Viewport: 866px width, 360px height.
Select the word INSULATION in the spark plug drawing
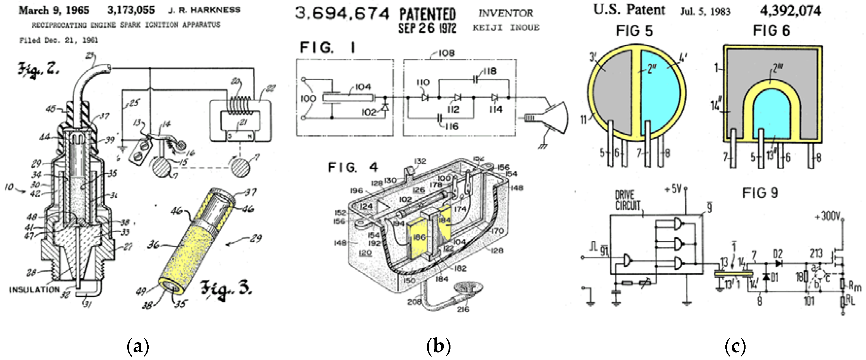(x=34, y=289)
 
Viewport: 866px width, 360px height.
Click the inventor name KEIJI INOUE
(x=506, y=28)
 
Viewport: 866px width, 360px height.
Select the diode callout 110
(x=423, y=82)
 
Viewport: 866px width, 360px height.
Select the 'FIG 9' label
(x=760, y=193)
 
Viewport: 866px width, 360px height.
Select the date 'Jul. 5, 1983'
(x=705, y=11)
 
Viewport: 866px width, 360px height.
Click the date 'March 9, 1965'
(x=54, y=10)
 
